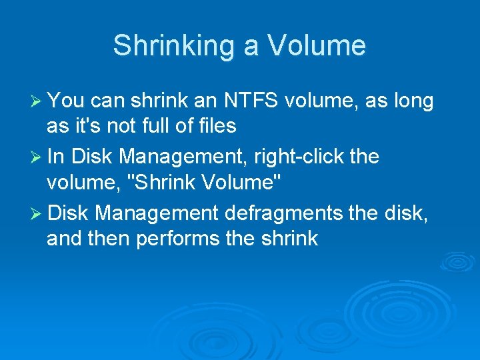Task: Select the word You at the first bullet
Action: [65, 101]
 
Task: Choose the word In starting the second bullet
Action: [56, 157]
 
